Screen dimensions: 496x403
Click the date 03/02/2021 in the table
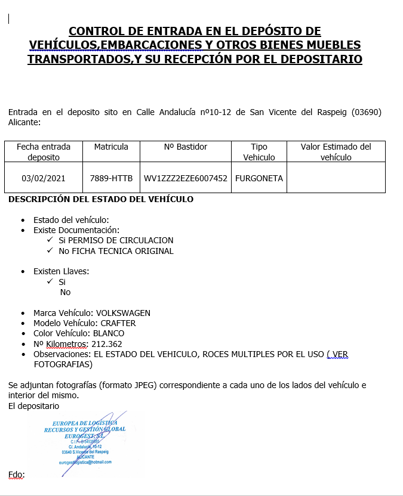44,178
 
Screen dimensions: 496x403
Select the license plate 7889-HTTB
111,178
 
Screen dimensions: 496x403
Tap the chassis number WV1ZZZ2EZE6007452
186,178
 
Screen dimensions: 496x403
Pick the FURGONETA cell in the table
259,178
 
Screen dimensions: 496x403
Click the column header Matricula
111,147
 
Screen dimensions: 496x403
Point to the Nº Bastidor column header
186,147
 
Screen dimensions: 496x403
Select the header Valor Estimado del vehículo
336,152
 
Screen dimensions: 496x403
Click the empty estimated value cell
336,178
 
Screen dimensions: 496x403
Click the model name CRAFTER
118,323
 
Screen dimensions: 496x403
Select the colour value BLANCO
109,333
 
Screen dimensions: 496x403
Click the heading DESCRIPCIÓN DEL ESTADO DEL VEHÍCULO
101,199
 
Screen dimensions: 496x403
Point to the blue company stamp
85,442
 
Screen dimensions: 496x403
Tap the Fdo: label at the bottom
16,475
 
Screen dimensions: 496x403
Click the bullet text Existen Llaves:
61,271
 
